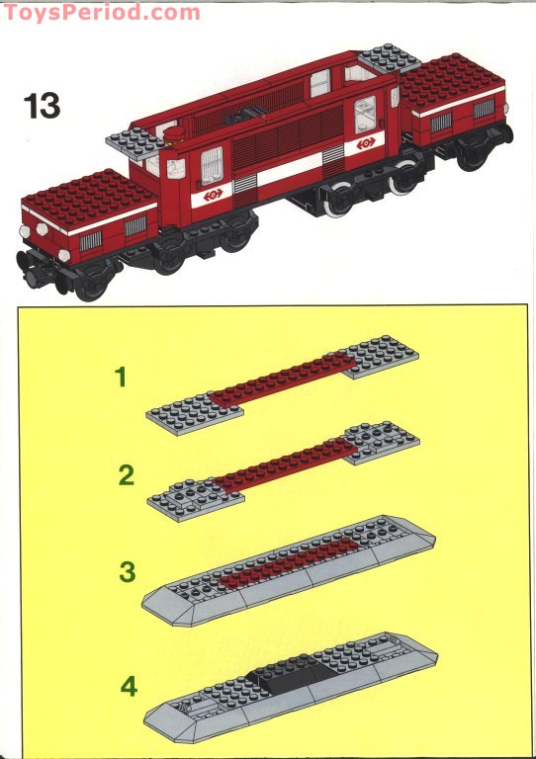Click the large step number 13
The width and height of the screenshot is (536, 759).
(x=42, y=105)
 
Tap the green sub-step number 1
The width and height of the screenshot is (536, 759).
(x=121, y=377)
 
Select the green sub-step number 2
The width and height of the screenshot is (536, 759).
(x=126, y=475)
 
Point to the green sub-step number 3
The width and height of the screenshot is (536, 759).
(x=127, y=571)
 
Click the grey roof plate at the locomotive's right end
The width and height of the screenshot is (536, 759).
(x=389, y=59)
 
